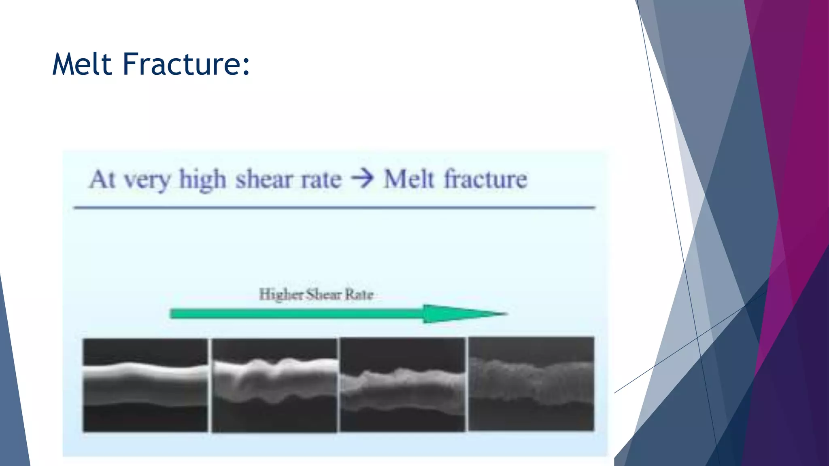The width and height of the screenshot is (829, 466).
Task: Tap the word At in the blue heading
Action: point(102,179)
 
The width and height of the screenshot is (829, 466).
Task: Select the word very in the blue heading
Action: point(147,180)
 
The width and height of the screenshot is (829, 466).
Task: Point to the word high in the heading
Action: point(202,179)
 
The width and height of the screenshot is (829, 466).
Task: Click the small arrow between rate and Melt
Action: point(362,179)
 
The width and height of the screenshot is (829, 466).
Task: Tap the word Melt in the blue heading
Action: point(409,179)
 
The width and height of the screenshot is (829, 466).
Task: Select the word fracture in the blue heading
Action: point(486,179)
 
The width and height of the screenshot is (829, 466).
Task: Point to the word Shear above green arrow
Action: point(323,294)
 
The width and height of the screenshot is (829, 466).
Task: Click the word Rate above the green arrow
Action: point(359,294)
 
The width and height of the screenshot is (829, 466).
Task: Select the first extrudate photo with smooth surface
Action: point(145,385)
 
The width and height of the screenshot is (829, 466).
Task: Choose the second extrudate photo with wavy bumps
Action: point(274,385)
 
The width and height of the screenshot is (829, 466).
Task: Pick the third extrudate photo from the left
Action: point(403,385)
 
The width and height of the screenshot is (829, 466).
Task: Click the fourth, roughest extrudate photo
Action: point(531,384)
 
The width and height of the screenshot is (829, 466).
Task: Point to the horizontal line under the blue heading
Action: point(334,208)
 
